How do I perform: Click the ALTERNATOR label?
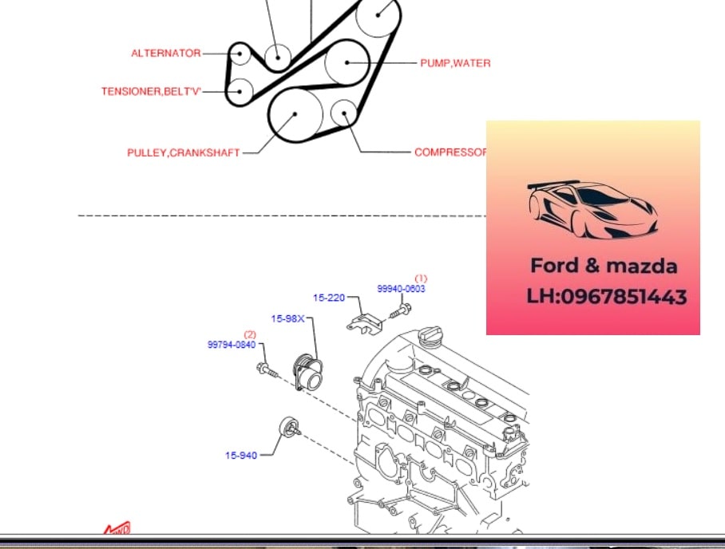166,53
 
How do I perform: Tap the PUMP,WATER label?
455,63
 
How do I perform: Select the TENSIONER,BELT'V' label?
151,92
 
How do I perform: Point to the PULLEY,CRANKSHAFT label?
184,152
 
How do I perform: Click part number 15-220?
329,298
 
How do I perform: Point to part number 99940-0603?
402,289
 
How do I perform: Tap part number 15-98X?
287,319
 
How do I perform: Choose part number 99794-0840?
232,345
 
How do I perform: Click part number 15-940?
241,456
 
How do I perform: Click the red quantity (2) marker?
250,334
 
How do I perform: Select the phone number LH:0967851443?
607,297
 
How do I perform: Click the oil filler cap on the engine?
430,333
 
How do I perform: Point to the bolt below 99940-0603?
400,310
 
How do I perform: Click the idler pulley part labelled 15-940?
290,428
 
